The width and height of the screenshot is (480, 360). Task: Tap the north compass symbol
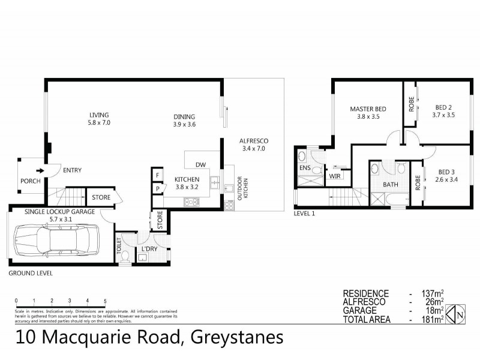[458, 313]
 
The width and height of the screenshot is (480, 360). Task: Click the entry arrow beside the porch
[40, 170]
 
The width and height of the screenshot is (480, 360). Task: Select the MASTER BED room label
[368, 109]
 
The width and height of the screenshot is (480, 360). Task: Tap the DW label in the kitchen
[201, 165]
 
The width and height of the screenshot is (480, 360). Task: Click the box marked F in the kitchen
[157, 174]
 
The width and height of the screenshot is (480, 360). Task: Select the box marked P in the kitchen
[157, 188]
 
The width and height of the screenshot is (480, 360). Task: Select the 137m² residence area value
[430, 293]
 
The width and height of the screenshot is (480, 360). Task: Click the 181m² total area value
[430, 319]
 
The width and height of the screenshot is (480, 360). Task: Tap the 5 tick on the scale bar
[105, 301]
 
